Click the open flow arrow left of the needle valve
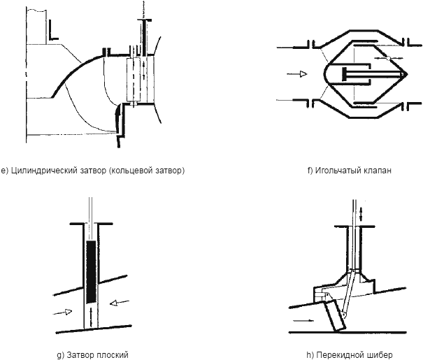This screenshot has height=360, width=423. click(x=297, y=72)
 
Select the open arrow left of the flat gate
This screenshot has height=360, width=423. click(x=63, y=312)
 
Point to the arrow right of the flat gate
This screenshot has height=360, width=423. click(x=117, y=302)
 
